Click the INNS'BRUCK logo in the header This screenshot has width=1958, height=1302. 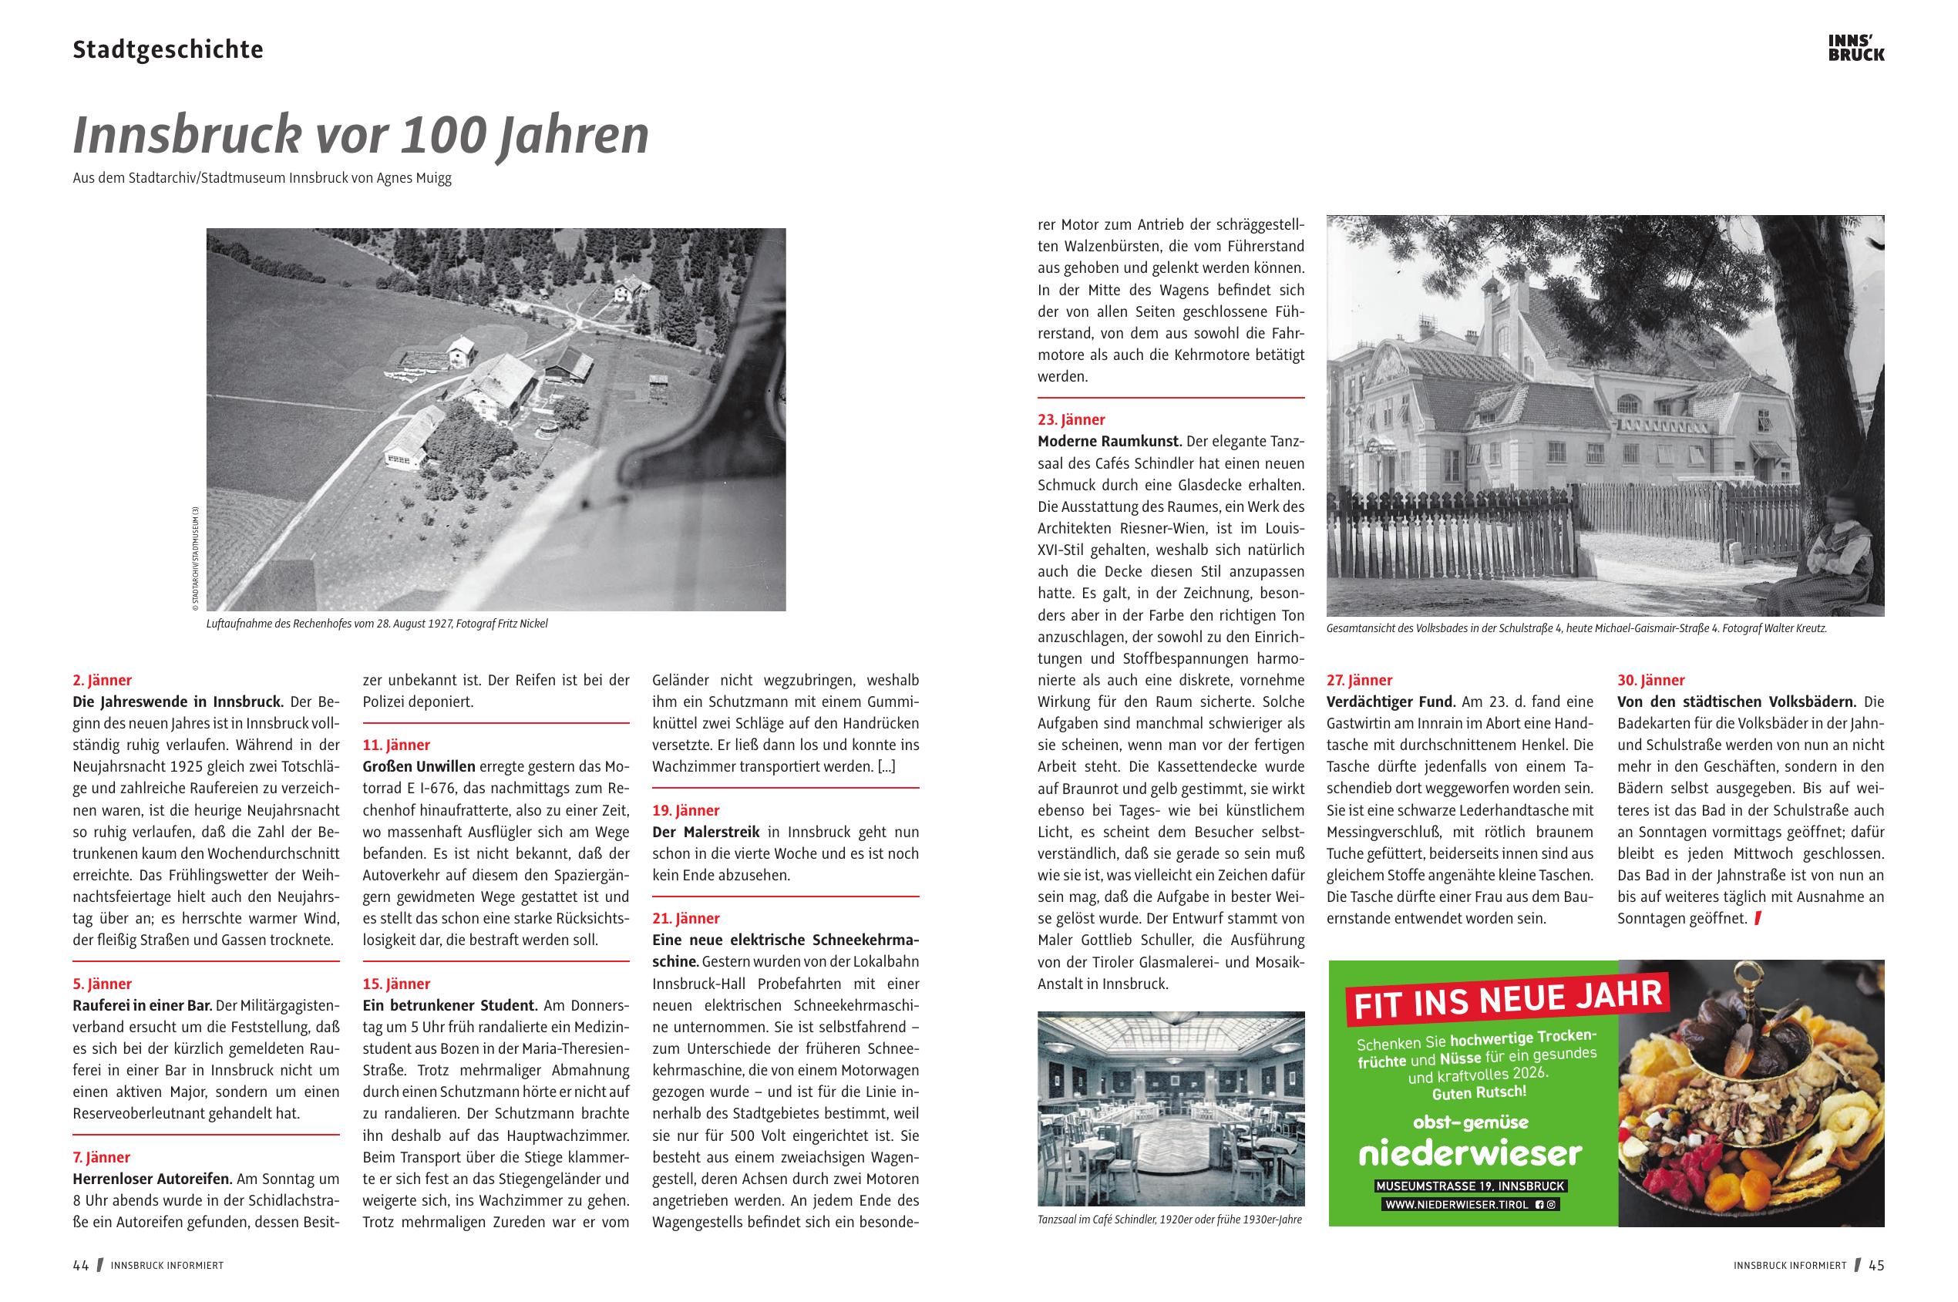[x=1856, y=48]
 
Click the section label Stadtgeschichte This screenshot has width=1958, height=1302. [x=168, y=50]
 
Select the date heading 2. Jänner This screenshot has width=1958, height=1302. [x=102, y=680]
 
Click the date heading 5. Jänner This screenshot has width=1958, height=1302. [x=102, y=984]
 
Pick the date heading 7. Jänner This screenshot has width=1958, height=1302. [x=102, y=1156]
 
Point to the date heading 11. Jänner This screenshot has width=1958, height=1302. [x=396, y=745]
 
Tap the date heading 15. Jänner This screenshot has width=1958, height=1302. [x=396, y=984]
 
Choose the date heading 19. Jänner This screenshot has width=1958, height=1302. [x=686, y=810]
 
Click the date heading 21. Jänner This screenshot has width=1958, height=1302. [x=686, y=918]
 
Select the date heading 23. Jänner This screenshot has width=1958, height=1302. [x=1072, y=420]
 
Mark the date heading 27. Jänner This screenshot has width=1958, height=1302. [x=1359, y=680]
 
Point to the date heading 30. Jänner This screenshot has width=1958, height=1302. [x=1650, y=680]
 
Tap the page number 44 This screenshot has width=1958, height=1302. [x=80, y=1266]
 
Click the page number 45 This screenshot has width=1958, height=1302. [x=1876, y=1266]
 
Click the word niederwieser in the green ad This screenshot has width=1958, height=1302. [x=1471, y=1153]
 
